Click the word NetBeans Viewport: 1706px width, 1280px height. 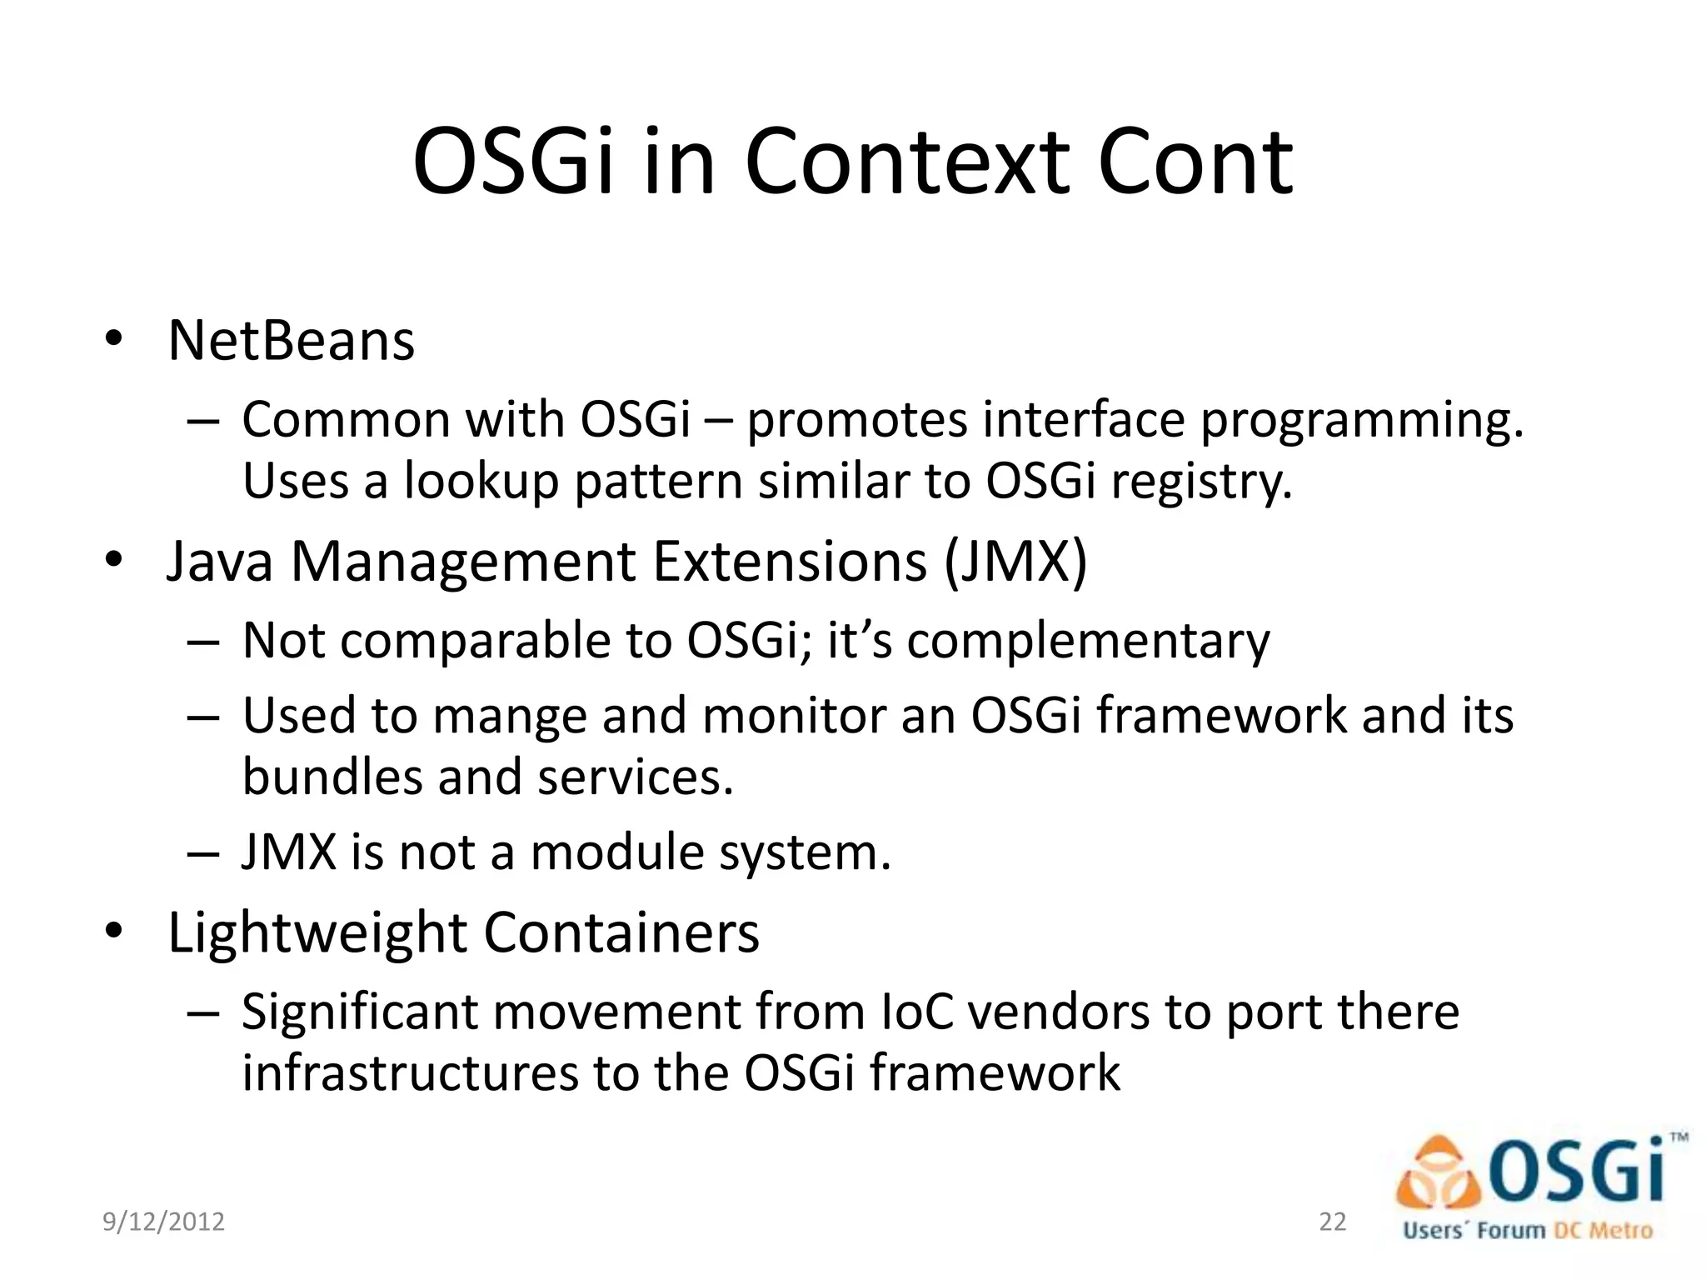pyautogui.click(x=291, y=341)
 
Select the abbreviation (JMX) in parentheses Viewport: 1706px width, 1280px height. pyautogui.click(x=1015, y=562)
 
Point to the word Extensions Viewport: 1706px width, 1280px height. pyautogui.click(x=789, y=562)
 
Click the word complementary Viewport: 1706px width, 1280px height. pyautogui.click(x=1088, y=642)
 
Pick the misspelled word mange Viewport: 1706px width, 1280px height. pyautogui.click(x=510, y=716)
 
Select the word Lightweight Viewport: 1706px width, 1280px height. pyautogui.click(x=317, y=932)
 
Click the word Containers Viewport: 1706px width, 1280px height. pyautogui.click(x=621, y=932)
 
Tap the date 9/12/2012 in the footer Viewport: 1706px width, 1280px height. pyautogui.click(x=163, y=1222)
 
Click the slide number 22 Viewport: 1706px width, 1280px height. pyautogui.click(x=1332, y=1222)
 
